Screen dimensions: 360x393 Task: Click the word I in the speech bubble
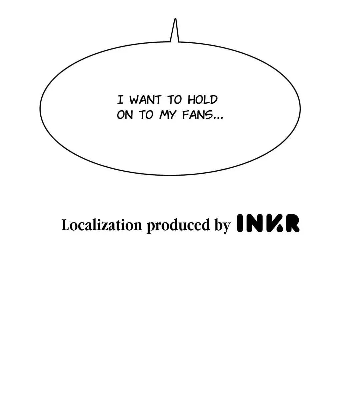tap(121, 100)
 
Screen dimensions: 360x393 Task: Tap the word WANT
tap(145, 100)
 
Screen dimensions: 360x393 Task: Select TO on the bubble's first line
tap(174, 100)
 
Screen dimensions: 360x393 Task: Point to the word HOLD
tap(203, 100)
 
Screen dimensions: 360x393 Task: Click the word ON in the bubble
tap(125, 115)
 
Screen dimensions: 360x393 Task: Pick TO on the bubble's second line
tap(146, 115)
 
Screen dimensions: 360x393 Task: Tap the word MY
tap(167, 115)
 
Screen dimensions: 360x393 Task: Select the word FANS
tap(197, 115)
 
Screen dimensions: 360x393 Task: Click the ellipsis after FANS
tap(218, 118)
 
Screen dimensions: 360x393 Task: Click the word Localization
tap(102, 225)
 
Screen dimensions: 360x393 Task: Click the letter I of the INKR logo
tap(240, 223)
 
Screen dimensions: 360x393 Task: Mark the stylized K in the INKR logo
tap(274, 223)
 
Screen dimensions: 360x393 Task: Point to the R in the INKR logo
tap(291, 223)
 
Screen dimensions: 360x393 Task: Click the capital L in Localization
tap(66, 225)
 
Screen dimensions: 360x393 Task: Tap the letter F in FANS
tap(185, 115)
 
